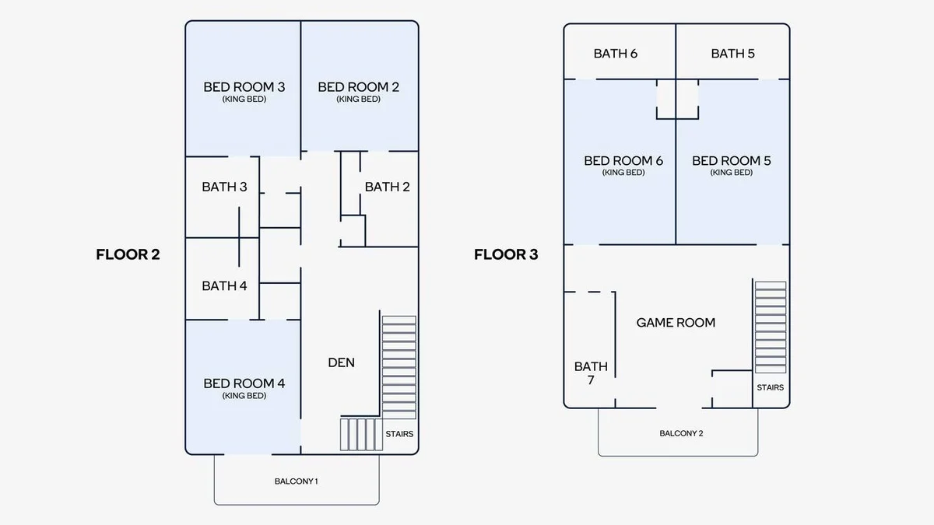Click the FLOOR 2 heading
[x=128, y=254]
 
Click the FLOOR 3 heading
[x=506, y=254]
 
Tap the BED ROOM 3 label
[x=244, y=87]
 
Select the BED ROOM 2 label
[x=359, y=87]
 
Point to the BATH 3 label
[x=224, y=187]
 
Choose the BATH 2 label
[x=388, y=187]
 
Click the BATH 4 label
[x=224, y=286]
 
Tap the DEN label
[x=342, y=362]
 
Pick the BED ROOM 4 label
[x=244, y=383]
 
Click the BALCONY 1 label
[x=296, y=481]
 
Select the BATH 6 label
[x=616, y=54]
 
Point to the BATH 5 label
[x=733, y=54]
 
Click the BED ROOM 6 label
[x=623, y=161]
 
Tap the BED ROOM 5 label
[x=732, y=161]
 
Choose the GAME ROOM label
[x=676, y=323]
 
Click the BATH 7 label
[x=591, y=373]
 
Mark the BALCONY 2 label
[x=681, y=433]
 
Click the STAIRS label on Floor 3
[x=770, y=387]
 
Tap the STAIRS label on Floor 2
[x=399, y=434]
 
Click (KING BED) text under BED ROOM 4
[x=244, y=395]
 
